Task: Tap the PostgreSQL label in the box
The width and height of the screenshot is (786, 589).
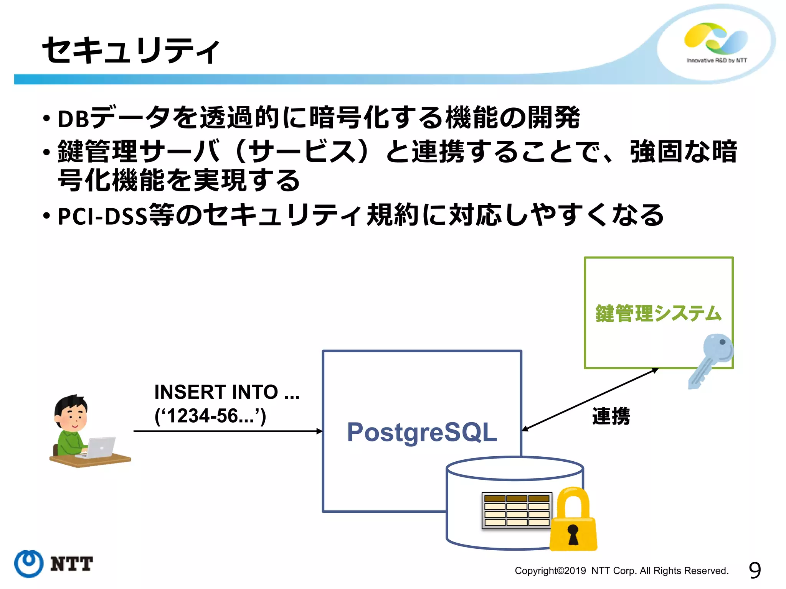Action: coord(422,432)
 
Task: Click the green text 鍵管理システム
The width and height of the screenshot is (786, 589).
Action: coord(658,313)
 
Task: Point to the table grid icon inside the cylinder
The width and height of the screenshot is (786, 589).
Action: coord(517,510)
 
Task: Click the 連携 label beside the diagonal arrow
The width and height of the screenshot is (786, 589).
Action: coord(611,416)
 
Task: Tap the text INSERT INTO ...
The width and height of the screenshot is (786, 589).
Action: coord(216,392)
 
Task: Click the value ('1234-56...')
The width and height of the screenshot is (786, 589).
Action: coord(210,416)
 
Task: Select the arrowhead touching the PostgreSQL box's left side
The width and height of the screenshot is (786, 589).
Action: coord(319,431)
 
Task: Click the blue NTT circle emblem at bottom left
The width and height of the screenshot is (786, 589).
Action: coord(29,564)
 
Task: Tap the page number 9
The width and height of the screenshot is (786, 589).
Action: coord(755,570)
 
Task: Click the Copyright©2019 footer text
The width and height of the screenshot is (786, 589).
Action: coord(621,571)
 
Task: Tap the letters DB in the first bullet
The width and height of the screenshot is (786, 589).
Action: coord(74,119)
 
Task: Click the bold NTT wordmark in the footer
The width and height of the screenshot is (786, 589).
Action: coord(71,564)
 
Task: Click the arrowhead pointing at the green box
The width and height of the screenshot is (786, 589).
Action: coord(654,370)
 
